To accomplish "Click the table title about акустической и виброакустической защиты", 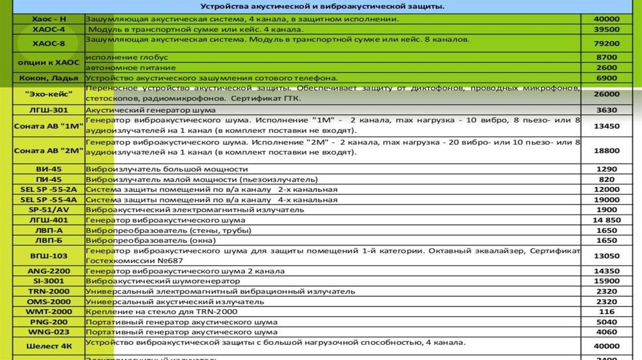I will click(322, 7).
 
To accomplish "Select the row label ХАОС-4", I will click(48, 29).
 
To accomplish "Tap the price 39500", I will click(606, 29).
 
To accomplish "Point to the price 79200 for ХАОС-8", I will click(606, 43).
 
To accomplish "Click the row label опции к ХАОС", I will click(48, 62).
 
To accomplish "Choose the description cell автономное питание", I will click(122, 67).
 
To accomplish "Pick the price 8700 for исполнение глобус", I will click(606, 57).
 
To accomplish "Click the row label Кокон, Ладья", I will click(48, 78).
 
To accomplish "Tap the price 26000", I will click(606, 94).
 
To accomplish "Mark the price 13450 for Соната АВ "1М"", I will click(606, 125).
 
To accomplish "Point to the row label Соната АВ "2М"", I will click(48, 151).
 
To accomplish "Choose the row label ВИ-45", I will click(48, 169).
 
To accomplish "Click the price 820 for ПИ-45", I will click(606, 179).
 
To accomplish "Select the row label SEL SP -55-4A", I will click(48, 199).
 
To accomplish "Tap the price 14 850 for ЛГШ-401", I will click(606, 220).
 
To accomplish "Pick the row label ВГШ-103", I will click(48, 256).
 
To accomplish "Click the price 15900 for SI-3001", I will click(606, 282).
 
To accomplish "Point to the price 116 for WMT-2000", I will click(606, 312).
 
